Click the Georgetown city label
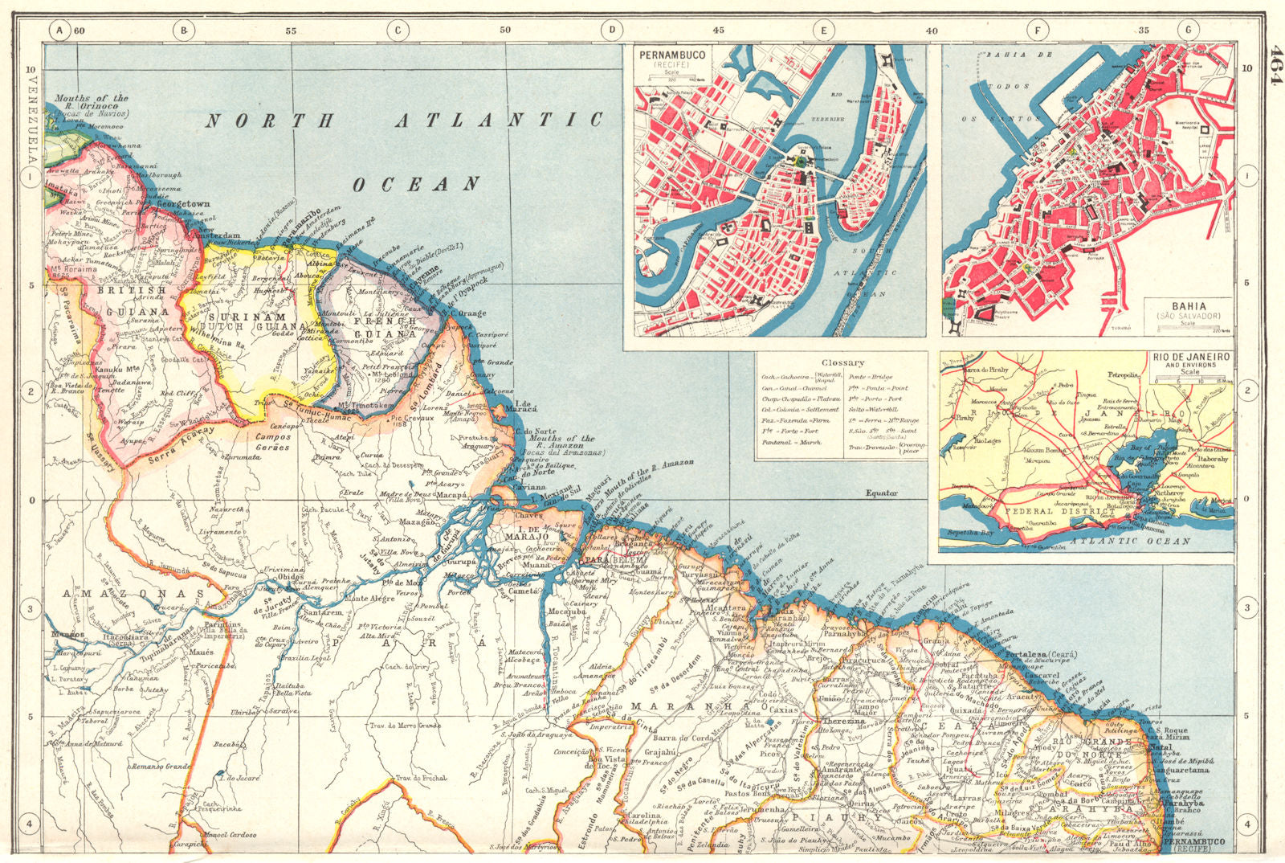tap(182, 204)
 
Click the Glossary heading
tap(842, 363)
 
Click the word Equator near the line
tap(881, 493)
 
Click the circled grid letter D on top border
tap(612, 30)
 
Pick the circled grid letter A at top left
tap(58, 30)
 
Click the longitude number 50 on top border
tap(504, 30)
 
